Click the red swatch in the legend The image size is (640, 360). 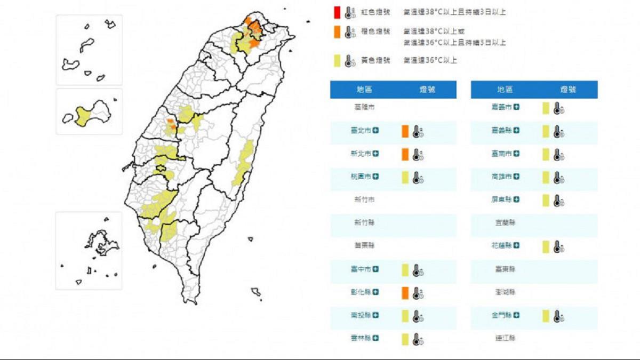[x=337, y=12]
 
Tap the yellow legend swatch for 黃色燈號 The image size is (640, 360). [x=337, y=60]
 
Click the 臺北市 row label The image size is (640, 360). [x=361, y=131]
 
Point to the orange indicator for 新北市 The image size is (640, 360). [x=405, y=154]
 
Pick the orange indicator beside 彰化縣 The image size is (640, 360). [x=405, y=292]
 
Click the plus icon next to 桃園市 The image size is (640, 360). [x=375, y=177]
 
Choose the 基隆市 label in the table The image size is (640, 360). [x=364, y=108]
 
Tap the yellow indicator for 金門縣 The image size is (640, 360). [x=546, y=316]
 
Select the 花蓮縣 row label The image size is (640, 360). [x=501, y=246]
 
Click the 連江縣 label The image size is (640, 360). [x=505, y=338]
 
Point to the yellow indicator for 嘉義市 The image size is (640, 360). [x=546, y=108]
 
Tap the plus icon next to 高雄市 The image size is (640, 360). [x=516, y=177]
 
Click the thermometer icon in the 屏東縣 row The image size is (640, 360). [x=558, y=201]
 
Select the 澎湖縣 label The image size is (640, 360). [x=505, y=292]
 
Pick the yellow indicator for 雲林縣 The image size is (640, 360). [x=405, y=339]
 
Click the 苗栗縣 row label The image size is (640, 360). [x=364, y=246]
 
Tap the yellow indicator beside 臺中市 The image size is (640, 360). [x=405, y=270]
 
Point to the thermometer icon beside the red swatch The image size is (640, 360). [x=350, y=12]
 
